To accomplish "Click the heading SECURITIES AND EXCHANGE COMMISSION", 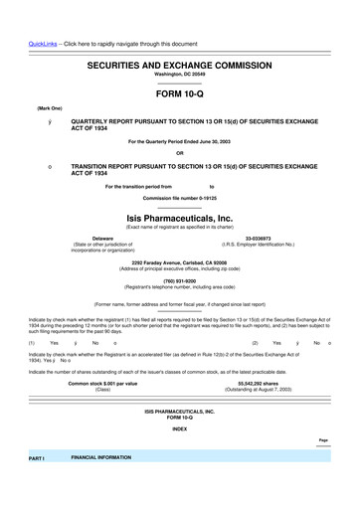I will (179, 63).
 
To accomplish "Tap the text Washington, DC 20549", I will (179, 75).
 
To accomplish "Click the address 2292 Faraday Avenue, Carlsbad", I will (179, 261).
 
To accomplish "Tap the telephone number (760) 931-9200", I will (179, 279).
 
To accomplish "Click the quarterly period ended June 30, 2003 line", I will (179, 143).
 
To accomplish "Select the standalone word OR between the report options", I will (179, 154).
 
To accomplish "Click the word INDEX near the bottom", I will (179, 430).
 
